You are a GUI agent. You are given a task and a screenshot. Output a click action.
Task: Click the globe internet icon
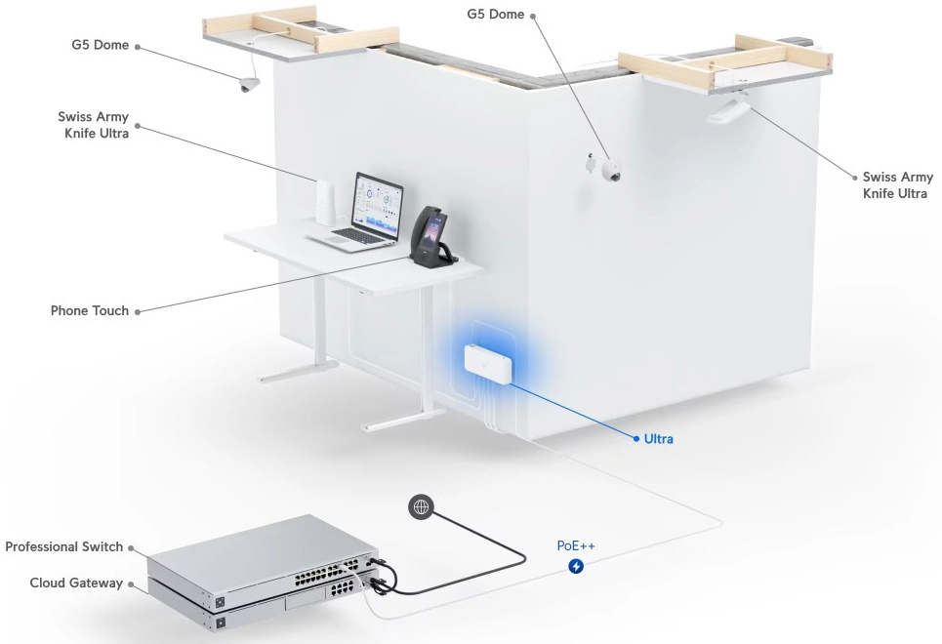click(x=421, y=507)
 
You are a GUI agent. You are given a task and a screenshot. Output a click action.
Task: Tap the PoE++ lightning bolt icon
click(x=576, y=566)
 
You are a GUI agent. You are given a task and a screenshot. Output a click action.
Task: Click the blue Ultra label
click(x=659, y=439)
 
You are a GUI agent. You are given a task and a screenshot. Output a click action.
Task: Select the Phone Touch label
click(x=90, y=310)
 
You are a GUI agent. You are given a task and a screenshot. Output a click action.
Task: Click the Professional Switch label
click(x=64, y=546)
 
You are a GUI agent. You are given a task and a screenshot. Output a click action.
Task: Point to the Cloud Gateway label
click(x=76, y=583)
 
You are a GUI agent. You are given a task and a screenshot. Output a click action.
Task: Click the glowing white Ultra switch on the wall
click(x=488, y=364)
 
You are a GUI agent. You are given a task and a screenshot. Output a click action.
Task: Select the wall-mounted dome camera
click(x=610, y=170)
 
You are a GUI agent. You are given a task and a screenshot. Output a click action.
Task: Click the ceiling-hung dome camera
click(x=247, y=85)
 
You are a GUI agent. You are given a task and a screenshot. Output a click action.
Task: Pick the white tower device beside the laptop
click(x=325, y=202)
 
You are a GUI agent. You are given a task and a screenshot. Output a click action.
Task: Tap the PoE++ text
click(x=576, y=545)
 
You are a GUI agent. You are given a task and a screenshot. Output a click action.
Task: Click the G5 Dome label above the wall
click(x=496, y=14)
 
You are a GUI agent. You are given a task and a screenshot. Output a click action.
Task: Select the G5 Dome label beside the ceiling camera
click(x=100, y=45)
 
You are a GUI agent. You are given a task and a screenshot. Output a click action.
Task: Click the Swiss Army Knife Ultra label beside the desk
click(x=93, y=125)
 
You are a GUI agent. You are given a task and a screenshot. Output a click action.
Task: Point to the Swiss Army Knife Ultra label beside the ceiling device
click(x=897, y=185)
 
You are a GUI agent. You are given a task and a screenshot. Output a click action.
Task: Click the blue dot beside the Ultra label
click(x=636, y=439)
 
